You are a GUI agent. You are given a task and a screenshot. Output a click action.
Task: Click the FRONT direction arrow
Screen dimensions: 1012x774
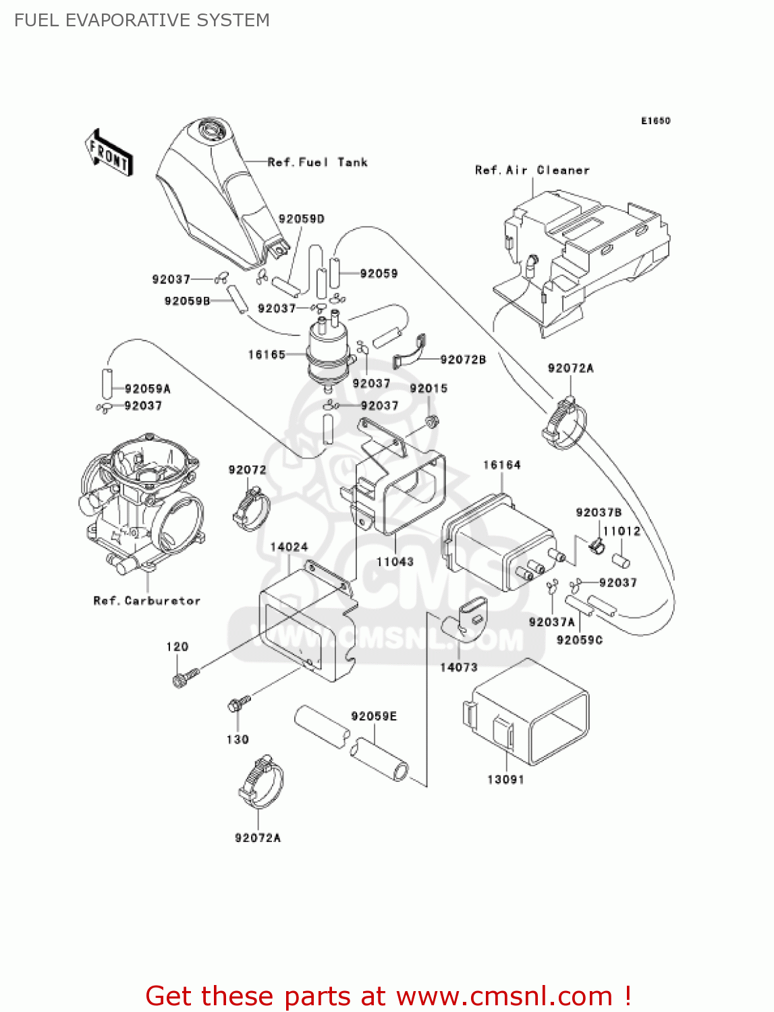[x=108, y=153]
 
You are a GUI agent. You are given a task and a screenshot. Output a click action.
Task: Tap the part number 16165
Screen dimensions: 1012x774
[x=267, y=354]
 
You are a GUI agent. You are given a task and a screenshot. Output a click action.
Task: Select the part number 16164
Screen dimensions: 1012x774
[x=501, y=465]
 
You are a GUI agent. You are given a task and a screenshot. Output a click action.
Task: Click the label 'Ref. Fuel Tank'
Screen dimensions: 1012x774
[x=317, y=162]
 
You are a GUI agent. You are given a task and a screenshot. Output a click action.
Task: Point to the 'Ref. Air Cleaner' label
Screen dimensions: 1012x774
[x=532, y=170]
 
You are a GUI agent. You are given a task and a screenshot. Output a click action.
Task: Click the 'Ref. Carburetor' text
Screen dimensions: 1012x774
[x=146, y=600]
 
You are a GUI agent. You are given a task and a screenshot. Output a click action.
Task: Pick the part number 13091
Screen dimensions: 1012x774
[x=505, y=779]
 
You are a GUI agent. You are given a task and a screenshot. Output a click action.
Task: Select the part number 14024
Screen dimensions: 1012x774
[x=289, y=547]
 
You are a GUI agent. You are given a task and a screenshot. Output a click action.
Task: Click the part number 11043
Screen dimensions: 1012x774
[x=395, y=561]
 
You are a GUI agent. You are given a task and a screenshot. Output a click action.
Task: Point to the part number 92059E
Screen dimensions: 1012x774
[x=374, y=716]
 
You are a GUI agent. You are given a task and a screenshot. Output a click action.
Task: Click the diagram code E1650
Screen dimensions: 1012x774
[x=655, y=121]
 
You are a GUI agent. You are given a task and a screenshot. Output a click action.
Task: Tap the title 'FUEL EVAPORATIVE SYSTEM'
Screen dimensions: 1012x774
[x=142, y=20]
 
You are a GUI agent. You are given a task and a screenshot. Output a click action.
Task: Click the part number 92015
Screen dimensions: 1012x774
[x=429, y=388]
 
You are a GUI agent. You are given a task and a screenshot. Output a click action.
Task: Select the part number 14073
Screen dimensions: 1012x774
[x=459, y=667]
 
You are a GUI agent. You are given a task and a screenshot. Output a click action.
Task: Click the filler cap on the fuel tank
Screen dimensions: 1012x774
[x=212, y=128]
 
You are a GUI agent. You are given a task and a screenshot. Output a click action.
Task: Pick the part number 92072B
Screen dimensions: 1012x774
[x=463, y=360]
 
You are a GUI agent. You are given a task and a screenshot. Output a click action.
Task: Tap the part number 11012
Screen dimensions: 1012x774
[x=621, y=531]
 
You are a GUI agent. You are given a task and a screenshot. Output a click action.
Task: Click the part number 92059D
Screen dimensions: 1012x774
[x=302, y=219]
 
